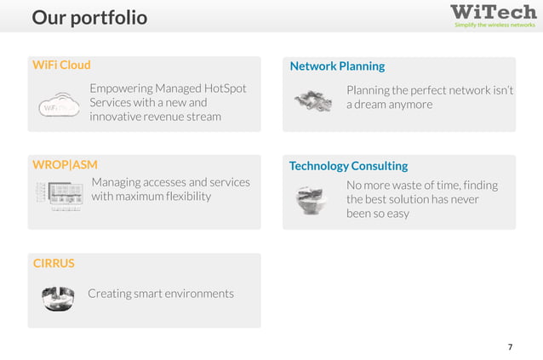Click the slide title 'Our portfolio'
(x=89, y=18)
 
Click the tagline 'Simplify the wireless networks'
(x=494, y=26)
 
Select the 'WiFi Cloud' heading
(x=61, y=65)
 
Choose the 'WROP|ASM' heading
(x=65, y=164)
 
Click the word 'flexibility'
(x=182, y=197)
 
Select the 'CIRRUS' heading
(x=54, y=263)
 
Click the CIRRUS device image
(x=59, y=296)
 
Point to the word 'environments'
(x=195, y=294)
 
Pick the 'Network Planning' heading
(x=337, y=66)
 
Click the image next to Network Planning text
(x=313, y=101)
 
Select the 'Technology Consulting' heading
(x=348, y=166)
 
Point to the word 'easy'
(x=396, y=214)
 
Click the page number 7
(x=510, y=347)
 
